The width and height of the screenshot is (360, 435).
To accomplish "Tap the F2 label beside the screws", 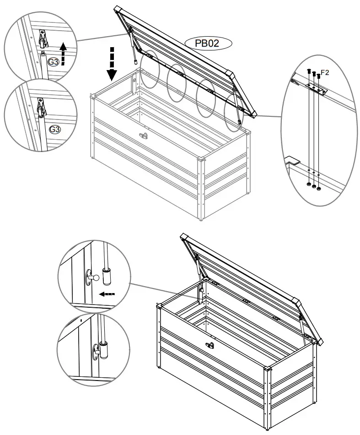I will tap(325, 72).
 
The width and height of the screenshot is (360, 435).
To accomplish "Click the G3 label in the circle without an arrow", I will tap(54, 129).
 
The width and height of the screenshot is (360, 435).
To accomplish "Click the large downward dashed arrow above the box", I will tap(112, 63).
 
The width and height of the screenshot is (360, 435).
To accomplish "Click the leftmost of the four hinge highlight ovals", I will tap(150, 69).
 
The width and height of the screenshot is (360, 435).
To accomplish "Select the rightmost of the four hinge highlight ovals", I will tap(234, 114).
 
